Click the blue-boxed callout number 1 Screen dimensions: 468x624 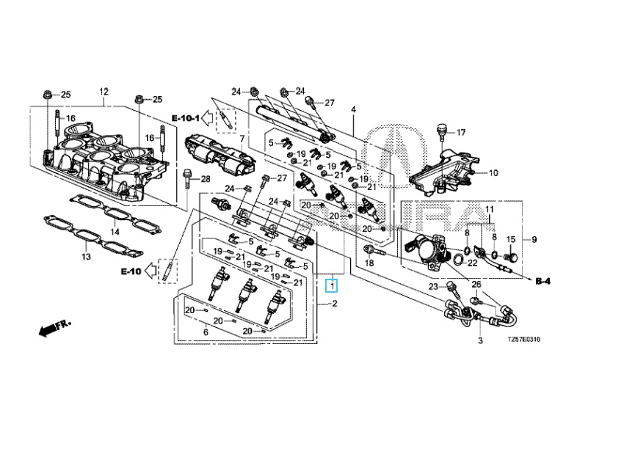(333, 285)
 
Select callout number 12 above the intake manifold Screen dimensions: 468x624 (104, 92)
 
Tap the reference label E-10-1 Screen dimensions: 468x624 (186, 117)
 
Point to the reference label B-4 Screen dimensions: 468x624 (543, 281)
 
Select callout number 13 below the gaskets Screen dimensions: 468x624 (86, 257)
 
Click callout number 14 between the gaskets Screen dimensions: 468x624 (115, 232)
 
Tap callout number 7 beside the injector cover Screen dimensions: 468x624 (242, 138)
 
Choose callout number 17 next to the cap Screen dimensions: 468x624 (461, 133)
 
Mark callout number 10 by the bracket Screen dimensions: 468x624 (493, 173)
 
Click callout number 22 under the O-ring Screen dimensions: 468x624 (472, 263)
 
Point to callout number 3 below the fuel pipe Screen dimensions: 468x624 (480, 341)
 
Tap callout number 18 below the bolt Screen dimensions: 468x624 (370, 263)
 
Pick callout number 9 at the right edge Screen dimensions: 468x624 (534, 239)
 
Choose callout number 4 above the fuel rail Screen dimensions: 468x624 (353, 110)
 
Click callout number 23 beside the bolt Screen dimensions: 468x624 (433, 286)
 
